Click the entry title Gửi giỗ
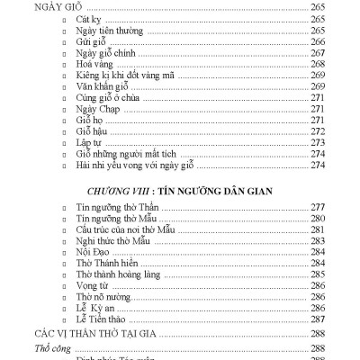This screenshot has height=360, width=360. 89,40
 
